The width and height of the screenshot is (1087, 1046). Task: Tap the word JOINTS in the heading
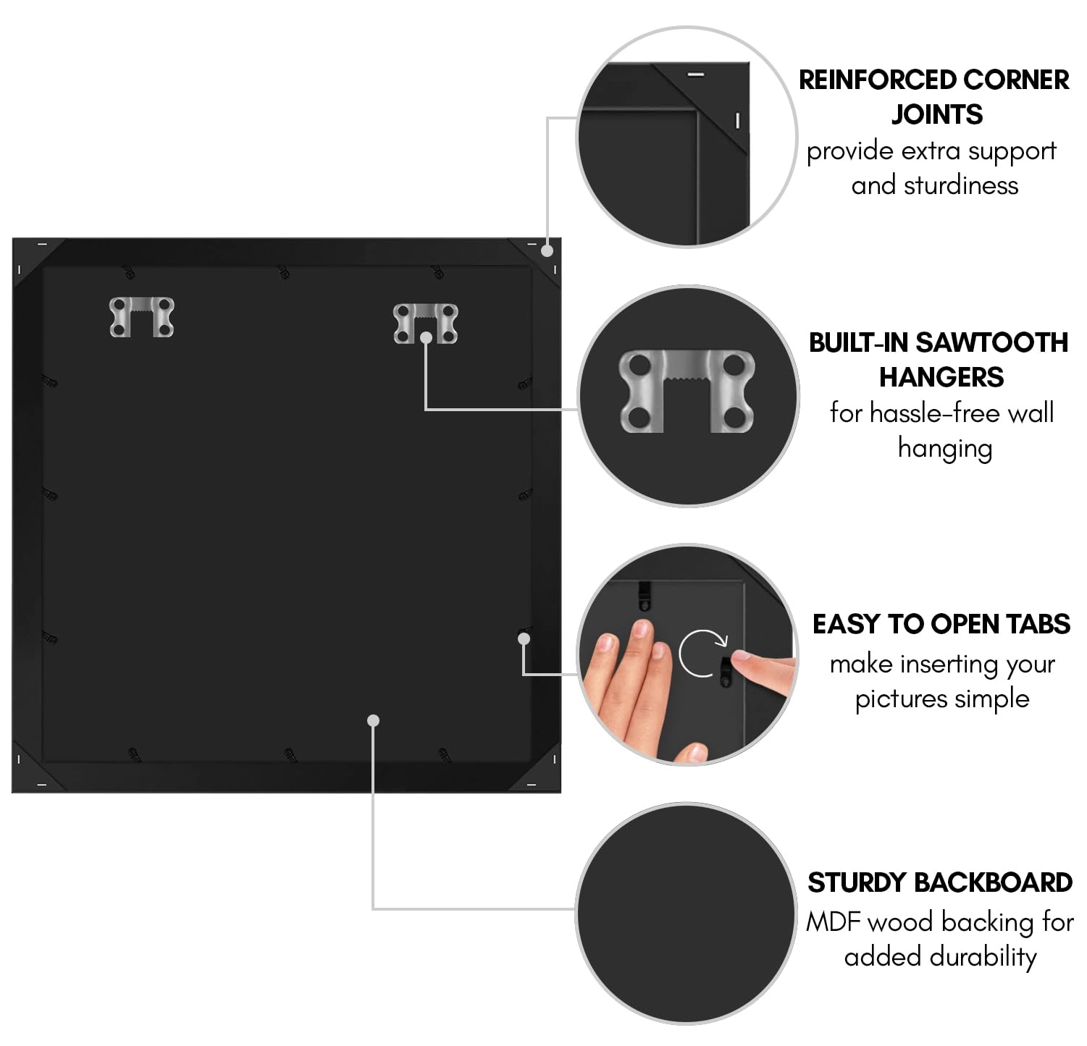pos(936,114)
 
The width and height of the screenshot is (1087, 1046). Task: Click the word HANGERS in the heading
pos(941,377)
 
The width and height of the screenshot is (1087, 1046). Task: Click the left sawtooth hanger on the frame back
pos(141,317)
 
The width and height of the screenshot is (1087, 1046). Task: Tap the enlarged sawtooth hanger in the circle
pos(687,392)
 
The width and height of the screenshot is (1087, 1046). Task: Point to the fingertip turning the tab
pos(740,659)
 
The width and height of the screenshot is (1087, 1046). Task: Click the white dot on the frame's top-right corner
pos(547,251)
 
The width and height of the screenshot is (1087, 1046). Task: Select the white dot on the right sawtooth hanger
pos(427,337)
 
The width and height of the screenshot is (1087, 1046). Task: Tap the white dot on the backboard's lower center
pos(373,720)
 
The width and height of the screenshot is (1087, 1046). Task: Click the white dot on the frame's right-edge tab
pos(524,638)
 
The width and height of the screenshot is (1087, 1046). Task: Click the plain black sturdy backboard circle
pos(687,914)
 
